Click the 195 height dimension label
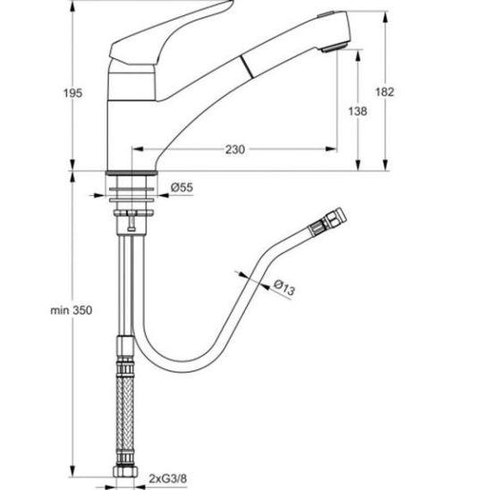click(x=72, y=93)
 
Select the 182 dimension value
click(x=384, y=92)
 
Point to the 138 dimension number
click(x=358, y=111)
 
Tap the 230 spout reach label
click(x=235, y=149)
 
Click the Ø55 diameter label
click(x=182, y=187)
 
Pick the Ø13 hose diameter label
click(x=284, y=288)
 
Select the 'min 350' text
click(x=72, y=310)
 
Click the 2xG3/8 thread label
click(x=168, y=478)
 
